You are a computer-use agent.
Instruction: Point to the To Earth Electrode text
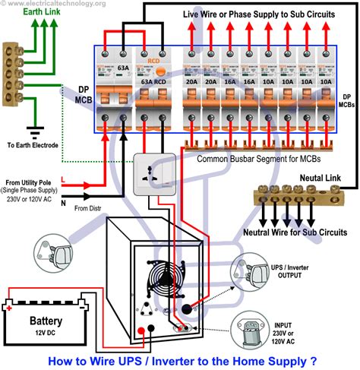click(32, 144)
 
